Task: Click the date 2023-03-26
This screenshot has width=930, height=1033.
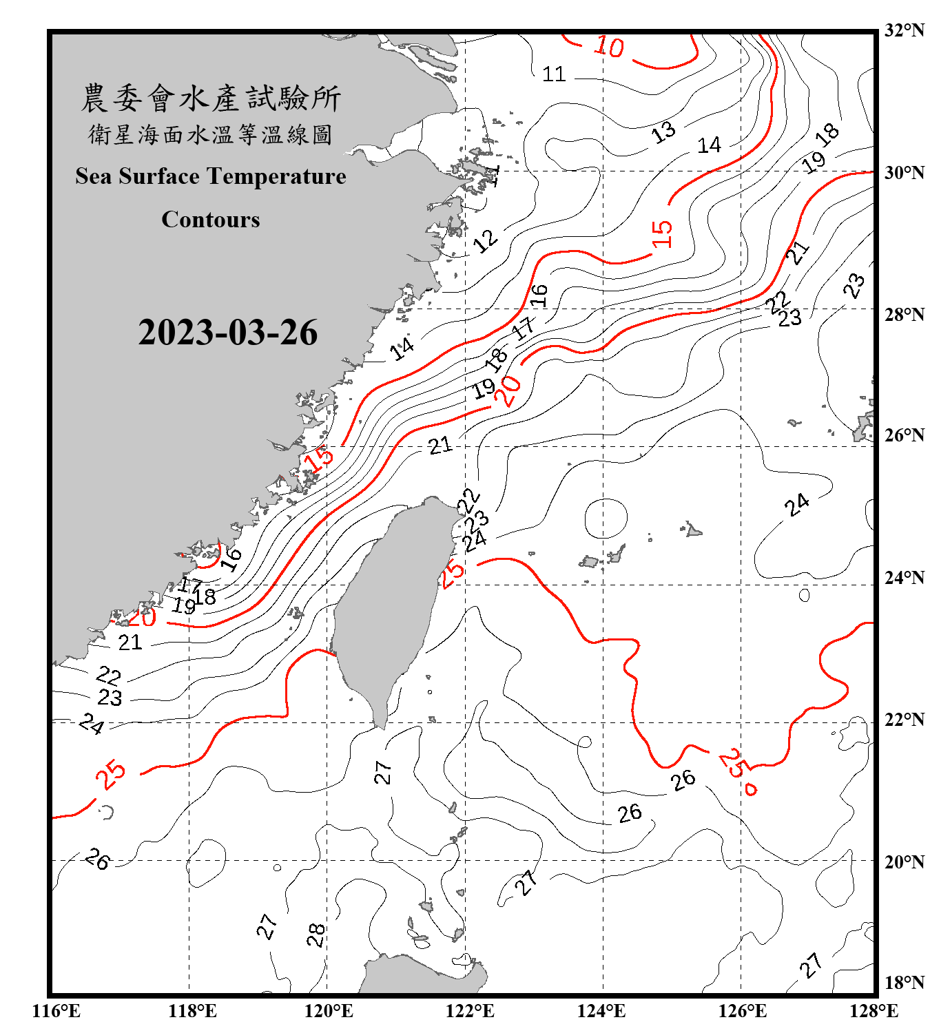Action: click(227, 333)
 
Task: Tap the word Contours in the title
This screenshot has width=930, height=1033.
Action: click(211, 220)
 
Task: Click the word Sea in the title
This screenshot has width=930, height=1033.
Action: click(93, 176)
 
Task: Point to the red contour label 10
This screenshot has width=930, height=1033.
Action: click(609, 47)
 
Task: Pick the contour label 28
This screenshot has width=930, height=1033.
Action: click(316, 935)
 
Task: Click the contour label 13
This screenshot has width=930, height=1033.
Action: click(663, 132)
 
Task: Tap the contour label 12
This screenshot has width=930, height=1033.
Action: click(486, 240)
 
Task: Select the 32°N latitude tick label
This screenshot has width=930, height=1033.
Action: click(904, 30)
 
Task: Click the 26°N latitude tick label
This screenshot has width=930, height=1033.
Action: click(904, 435)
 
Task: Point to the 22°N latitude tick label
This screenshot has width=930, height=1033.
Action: click(904, 720)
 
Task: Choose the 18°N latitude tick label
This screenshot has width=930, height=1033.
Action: click(904, 983)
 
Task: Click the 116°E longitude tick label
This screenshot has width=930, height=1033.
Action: click(56, 1011)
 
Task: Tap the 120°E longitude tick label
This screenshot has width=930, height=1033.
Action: click(329, 1011)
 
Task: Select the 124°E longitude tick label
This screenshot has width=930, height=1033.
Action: click(601, 1011)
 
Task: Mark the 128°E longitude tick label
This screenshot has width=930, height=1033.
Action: click(874, 1011)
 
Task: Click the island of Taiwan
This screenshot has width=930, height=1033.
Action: click(386, 606)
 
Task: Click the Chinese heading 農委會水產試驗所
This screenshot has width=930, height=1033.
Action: click(211, 98)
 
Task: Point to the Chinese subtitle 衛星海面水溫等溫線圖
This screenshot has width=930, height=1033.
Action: click(211, 134)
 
